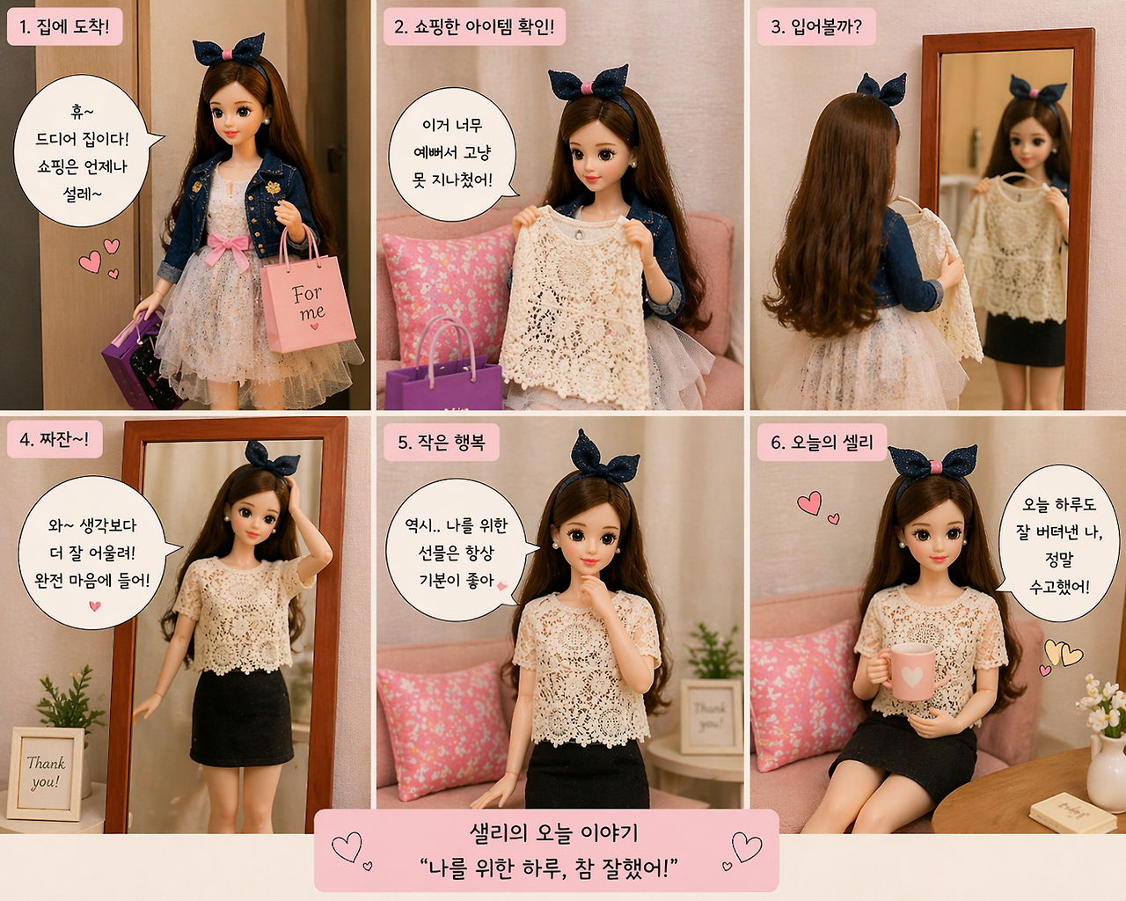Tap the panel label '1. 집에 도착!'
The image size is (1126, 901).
pos(64,26)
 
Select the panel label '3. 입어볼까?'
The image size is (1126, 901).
pos(816,26)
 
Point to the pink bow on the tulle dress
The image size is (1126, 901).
pos(229,247)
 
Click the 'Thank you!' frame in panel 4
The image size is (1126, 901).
pos(46,773)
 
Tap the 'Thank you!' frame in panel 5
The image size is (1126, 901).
pos(711,716)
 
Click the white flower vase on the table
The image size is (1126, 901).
pos(1108,771)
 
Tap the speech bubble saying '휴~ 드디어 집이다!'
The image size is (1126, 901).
pos(84,150)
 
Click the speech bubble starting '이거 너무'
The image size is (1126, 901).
pos(453,153)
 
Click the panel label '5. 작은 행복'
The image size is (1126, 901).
pos(441,443)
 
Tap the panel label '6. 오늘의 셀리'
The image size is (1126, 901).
pos(822,443)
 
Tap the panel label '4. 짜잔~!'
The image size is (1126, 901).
pos(55,439)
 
